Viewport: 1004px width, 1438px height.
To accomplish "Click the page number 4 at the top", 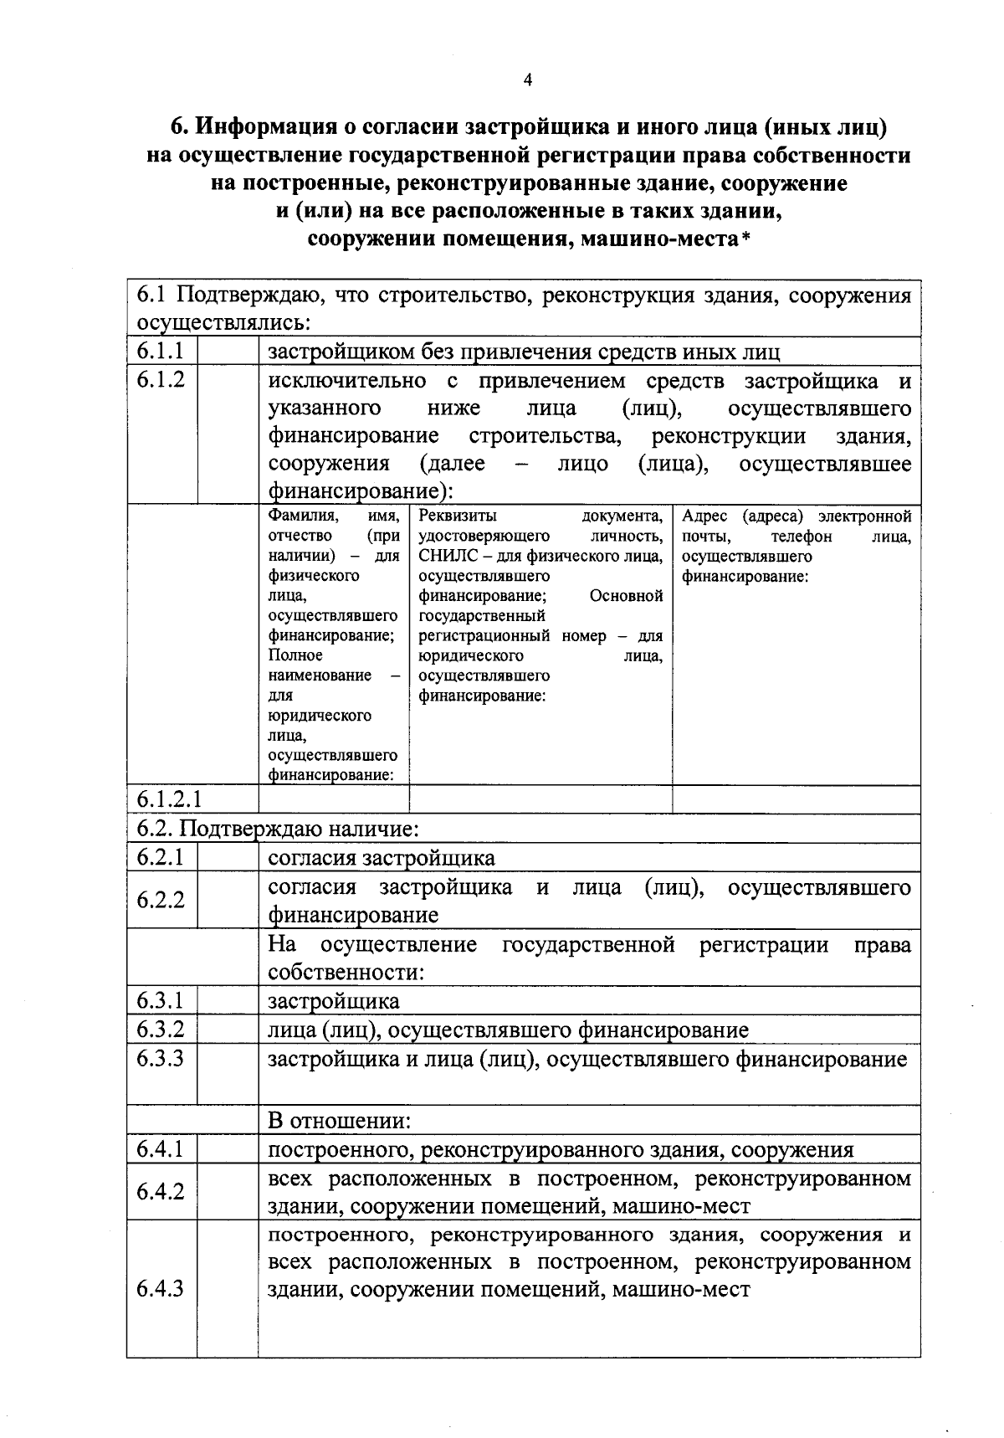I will coord(527,80).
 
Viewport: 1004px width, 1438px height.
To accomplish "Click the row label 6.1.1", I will coord(160,351).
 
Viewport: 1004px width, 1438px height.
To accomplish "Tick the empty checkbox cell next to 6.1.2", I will coord(228,433).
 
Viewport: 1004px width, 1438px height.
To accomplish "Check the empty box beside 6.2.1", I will coord(228,857).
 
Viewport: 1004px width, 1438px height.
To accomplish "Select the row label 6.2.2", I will coord(160,901).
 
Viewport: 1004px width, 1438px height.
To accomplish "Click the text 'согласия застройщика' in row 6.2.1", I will coord(381,858).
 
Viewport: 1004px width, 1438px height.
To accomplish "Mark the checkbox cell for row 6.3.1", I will coord(228,1001).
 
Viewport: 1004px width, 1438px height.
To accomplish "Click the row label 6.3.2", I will coord(160,1030).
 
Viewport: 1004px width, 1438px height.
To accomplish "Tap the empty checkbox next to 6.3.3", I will coord(228,1073).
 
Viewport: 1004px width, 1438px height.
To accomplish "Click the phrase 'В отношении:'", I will coord(339,1120).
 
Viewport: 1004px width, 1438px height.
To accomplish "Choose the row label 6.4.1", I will coord(160,1149).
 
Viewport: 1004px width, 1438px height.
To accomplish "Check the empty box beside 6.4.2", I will coord(228,1191).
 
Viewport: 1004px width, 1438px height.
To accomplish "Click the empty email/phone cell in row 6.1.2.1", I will coord(796,799).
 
